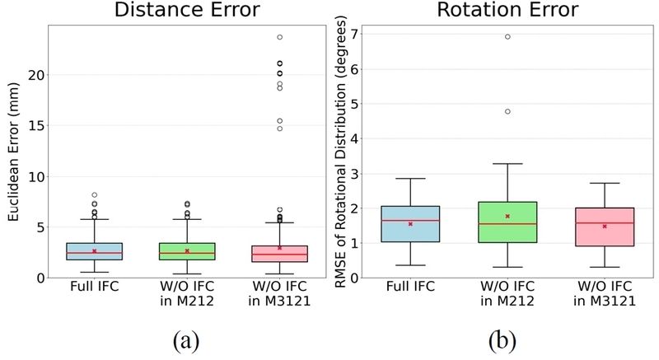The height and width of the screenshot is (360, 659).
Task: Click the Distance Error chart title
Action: click(x=187, y=9)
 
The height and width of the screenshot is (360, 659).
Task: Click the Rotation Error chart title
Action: click(x=507, y=9)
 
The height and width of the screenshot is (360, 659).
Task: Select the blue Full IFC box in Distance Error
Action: click(x=95, y=251)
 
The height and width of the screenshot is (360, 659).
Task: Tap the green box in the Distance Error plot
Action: click(x=187, y=251)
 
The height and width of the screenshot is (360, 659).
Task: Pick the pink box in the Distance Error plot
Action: click(x=279, y=254)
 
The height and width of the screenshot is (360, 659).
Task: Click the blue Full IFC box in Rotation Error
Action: click(x=410, y=224)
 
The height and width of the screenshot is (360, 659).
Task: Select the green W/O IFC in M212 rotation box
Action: click(x=507, y=222)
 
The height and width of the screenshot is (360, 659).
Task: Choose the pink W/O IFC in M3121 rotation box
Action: click(x=605, y=227)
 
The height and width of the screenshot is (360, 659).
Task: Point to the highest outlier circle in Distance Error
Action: click(x=279, y=37)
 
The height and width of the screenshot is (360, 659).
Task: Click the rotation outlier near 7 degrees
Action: click(x=507, y=36)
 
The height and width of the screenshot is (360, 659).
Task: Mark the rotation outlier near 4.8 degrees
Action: click(x=507, y=111)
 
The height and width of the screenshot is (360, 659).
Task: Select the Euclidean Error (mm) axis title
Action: click(x=13, y=152)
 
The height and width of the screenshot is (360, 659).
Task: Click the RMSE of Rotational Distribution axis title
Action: click(x=340, y=152)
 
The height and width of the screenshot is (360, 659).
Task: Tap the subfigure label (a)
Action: click(x=186, y=341)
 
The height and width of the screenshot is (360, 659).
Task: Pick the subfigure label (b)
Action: click(x=502, y=341)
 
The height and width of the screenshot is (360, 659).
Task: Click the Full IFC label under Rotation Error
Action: click(x=410, y=287)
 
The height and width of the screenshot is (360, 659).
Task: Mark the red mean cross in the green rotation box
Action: click(x=507, y=216)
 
